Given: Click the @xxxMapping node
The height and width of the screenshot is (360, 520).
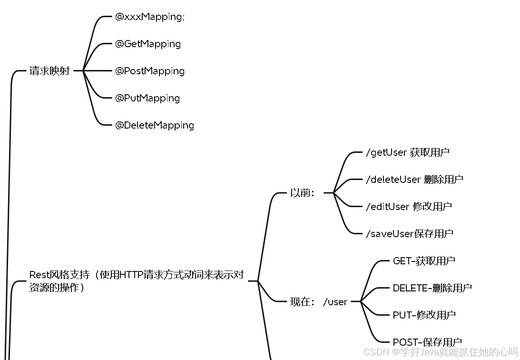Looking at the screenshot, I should [149, 17].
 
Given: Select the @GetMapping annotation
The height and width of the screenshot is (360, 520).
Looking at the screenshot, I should [148, 44].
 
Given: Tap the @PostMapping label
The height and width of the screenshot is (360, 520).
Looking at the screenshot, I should [150, 71].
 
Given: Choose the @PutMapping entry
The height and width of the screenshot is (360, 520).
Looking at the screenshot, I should [147, 98].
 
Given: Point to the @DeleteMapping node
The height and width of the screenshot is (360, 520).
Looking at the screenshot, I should [155, 125].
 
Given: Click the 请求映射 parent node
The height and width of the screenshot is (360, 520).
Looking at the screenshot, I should [49, 71].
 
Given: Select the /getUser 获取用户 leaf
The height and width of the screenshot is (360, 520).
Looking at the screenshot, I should [407, 152].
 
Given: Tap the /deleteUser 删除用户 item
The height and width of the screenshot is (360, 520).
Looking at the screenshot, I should [414, 180].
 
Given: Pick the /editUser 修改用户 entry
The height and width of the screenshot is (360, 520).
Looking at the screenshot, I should [408, 207].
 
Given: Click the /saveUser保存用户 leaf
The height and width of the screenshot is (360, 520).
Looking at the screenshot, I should [409, 234].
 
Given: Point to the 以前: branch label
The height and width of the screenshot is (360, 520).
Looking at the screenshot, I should [302, 193].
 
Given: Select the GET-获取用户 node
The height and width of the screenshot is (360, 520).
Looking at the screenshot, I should [424, 261].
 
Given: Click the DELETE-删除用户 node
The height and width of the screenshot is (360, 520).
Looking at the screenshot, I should [432, 288].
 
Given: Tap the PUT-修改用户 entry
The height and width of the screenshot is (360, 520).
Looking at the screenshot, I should [424, 315].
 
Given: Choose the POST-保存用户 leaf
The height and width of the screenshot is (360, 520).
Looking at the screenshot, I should [427, 342].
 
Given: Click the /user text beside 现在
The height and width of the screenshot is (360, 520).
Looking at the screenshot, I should [335, 301].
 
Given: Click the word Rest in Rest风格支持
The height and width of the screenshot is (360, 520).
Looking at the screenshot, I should [39, 275].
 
